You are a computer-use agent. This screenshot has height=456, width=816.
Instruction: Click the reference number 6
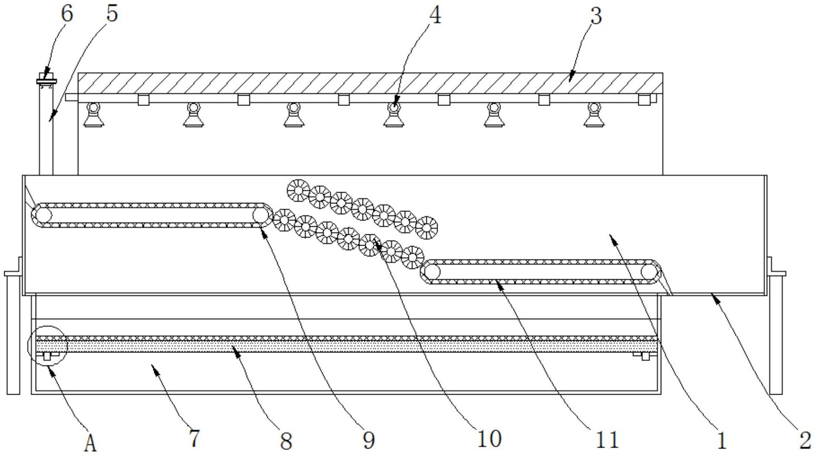click(x=67, y=14)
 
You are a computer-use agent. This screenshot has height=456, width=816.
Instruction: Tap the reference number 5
click(x=112, y=14)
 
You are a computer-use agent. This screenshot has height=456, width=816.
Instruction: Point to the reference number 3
click(x=596, y=16)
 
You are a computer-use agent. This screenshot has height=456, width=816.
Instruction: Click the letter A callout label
click(x=91, y=443)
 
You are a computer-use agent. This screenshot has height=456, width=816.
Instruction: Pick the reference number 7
click(x=194, y=439)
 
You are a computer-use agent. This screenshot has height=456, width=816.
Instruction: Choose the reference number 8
click(x=286, y=441)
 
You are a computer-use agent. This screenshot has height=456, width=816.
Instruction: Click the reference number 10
click(x=489, y=439)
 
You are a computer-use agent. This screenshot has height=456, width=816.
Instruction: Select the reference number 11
click(x=607, y=440)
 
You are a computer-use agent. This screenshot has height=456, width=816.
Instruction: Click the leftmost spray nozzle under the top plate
click(x=93, y=115)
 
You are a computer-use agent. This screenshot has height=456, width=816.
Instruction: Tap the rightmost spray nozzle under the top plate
click(x=594, y=115)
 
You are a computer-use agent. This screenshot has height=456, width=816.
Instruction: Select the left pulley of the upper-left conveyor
click(x=42, y=215)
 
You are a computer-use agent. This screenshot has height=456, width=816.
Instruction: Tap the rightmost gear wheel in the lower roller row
click(x=413, y=257)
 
